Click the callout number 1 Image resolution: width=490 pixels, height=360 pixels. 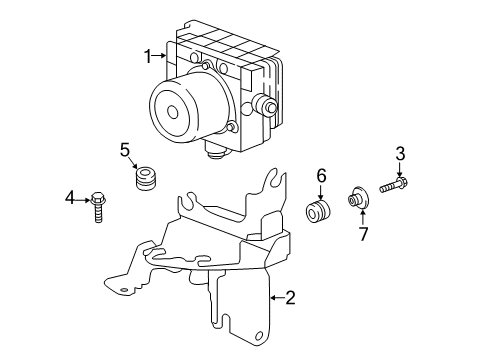(147, 56)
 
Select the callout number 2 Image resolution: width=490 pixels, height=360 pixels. (289, 297)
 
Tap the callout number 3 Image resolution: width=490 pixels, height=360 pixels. (399, 153)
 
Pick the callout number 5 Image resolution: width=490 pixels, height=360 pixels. (126, 151)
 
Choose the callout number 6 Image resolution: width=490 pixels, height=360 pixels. (321, 175)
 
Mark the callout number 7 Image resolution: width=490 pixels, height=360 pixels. (364, 234)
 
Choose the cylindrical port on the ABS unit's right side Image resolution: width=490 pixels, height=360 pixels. (268, 107)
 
